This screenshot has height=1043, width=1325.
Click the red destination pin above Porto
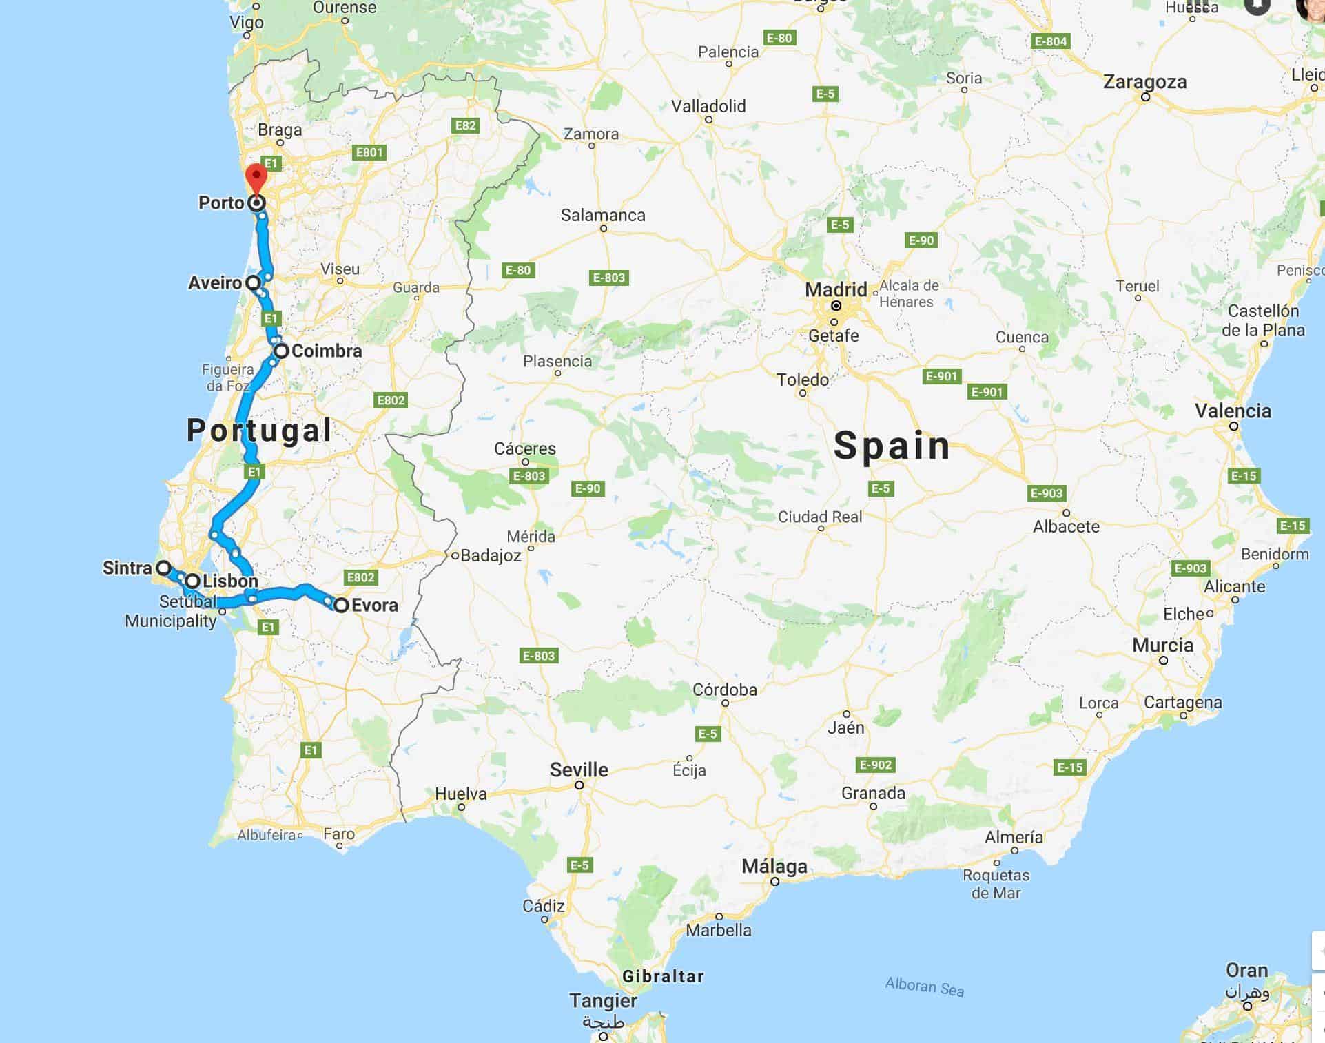tap(256, 177)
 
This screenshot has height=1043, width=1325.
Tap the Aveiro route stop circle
tap(253, 282)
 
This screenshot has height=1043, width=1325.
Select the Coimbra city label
tap(327, 351)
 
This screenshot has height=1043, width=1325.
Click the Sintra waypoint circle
tap(163, 568)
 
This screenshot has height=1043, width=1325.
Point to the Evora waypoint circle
tap(341, 606)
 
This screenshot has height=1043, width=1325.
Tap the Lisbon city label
tap(230, 581)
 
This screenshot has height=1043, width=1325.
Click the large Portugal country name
tap(259, 430)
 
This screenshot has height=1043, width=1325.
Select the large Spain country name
tap(892, 446)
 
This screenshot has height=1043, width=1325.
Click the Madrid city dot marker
tap(836, 306)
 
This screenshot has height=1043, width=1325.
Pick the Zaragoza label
tap(1144, 82)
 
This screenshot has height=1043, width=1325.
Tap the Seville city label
tap(579, 770)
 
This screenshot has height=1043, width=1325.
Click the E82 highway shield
tap(466, 125)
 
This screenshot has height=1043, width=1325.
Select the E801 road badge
tap(369, 152)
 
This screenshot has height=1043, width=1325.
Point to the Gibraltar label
tap(663, 976)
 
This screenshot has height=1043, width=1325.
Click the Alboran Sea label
tap(924, 987)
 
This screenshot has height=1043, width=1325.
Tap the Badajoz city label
tap(491, 555)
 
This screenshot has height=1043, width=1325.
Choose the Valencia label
tap(1233, 411)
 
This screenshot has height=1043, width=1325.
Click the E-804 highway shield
tap(1051, 41)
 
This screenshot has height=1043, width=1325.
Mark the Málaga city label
tap(774, 867)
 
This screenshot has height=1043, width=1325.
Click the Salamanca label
tap(603, 216)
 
